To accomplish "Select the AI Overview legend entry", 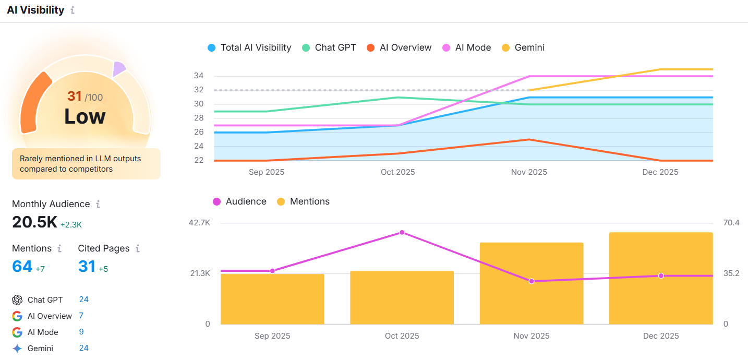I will (399, 47).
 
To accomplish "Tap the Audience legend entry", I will (239, 201).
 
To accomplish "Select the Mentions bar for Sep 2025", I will (272, 299).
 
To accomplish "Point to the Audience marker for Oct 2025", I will (402, 232).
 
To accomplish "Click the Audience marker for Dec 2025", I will (661, 275).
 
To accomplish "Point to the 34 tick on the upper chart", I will (198, 76).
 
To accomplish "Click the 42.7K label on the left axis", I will (199, 223).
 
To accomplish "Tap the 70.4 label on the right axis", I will (731, 223).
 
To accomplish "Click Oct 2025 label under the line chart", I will (398, 172).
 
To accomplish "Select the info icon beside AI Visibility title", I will (73, 10).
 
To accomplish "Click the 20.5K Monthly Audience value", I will (34, 222).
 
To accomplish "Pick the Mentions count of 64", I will (22, 267).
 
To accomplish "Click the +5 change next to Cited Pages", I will (103, 269).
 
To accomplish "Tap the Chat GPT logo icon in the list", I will (17, 300).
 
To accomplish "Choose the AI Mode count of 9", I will (81, 332).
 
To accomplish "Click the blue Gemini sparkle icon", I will (17, 349).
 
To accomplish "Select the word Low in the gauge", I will (85, 116).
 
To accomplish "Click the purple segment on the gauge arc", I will (119, 68).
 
